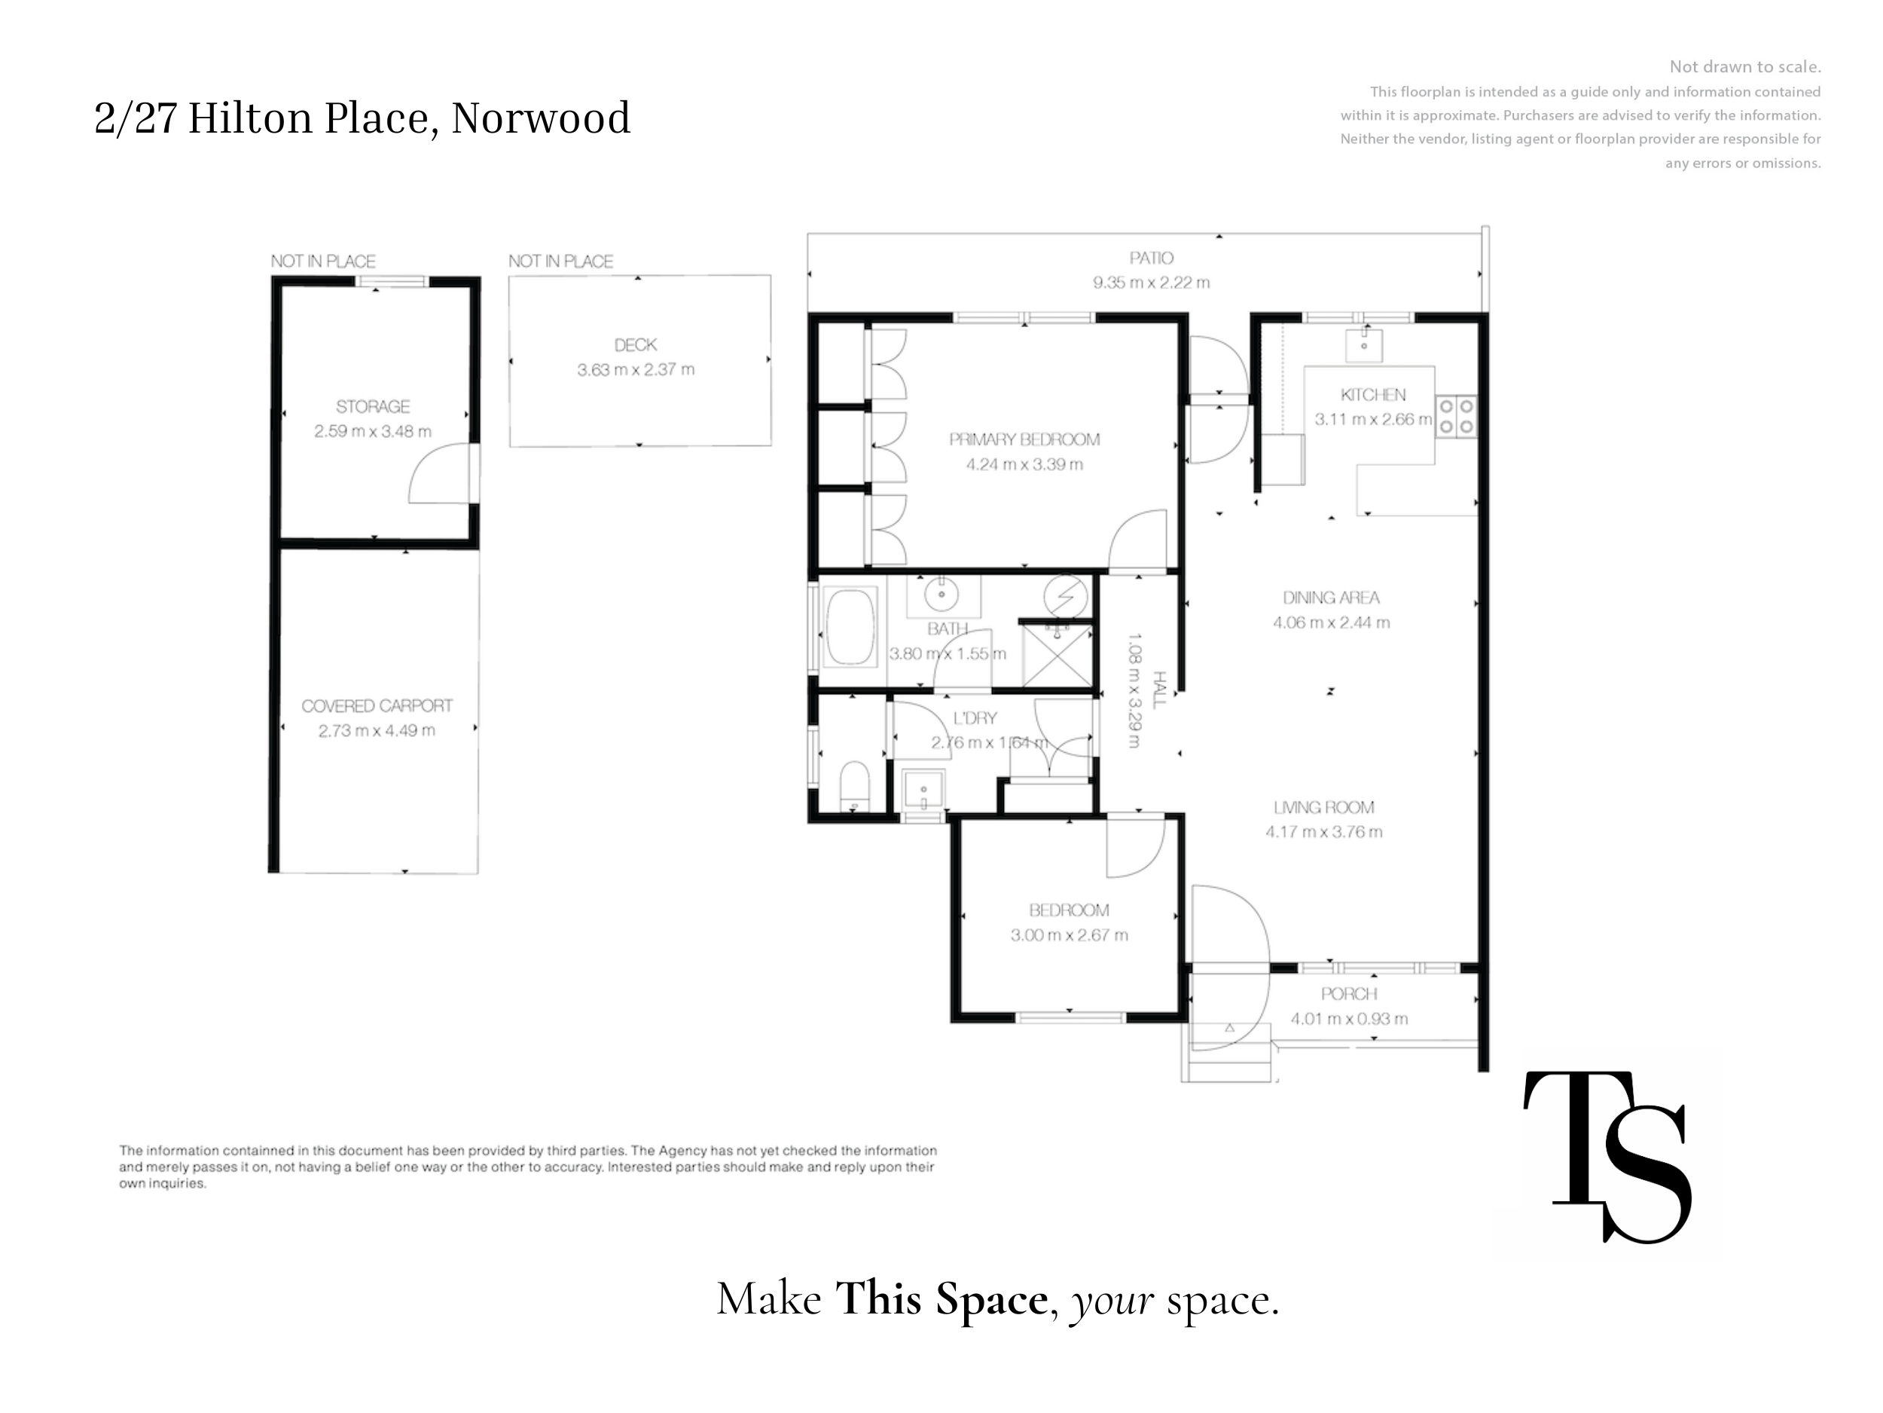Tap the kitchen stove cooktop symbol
coord(1456,417)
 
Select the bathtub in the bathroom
coord(850,628)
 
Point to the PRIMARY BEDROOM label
coord(1024,439)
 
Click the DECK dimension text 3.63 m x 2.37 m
coord(636,370)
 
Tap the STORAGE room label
coord(373,406)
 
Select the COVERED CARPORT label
coord(377,705)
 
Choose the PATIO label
coord(1151,257)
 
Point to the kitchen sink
coord(1364,345)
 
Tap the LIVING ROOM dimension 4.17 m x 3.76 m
coord(1323,832)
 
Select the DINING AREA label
coord(1331,598)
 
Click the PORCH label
coord(1349,993)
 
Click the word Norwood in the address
coord(541,118)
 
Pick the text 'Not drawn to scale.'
coord(1745,66)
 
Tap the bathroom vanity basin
coord(941,594)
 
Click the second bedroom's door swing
coord(1135,845)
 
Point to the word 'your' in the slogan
coord(1112,1300)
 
